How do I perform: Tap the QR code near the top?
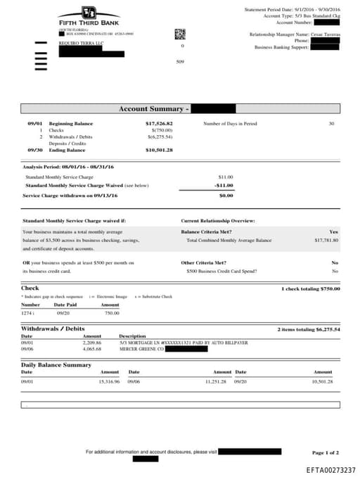[x=179, y=33]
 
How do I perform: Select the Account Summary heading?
[x=153, y=109]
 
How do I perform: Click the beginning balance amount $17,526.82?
[x=159, y=124]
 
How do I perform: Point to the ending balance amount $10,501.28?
[x=159, y=150]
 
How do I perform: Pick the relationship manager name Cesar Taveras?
[x=326, y=34]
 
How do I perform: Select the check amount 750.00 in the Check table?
[x=112, y=313]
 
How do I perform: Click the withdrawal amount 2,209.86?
[x=92, y=343]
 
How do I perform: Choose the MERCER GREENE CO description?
[x=141, y=349]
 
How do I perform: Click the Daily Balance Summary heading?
[x=56, y=365]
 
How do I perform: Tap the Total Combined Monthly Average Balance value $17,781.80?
[x=326, y=240]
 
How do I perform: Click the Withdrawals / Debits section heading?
[x=53, y=329]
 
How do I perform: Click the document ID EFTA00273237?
[x=330, y=469]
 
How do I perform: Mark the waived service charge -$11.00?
[x=224, y=185]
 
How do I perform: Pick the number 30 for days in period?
[x=331, y=124]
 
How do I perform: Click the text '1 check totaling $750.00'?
[x=310, y=288]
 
